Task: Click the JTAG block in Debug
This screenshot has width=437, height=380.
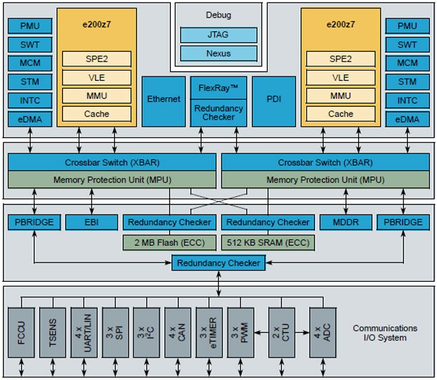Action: pyautogui.click(x=218, y=35)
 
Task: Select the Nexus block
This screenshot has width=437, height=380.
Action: pyautogui.click(x=218, y=53)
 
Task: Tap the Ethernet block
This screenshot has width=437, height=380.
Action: pyautogui.click(x=163, y=99)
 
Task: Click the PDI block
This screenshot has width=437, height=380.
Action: pyautogui.click(x=273, y=99)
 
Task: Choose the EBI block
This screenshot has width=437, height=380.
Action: pyautogui.click(x=91, y=221)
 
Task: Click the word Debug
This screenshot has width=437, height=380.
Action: pyautogui.click(x=218, y=14)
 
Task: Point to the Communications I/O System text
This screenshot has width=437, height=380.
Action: pyautogui.click(x=384, y=332)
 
